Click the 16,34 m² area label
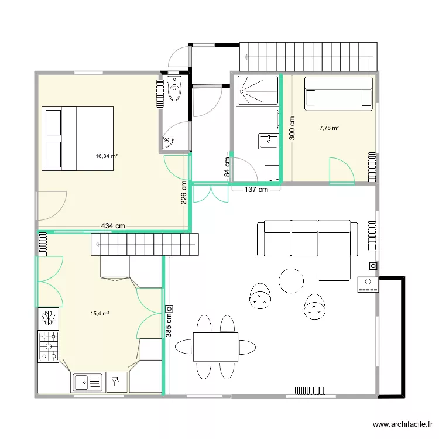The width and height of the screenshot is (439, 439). (107, 156)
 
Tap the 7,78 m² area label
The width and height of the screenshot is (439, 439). (329, 128)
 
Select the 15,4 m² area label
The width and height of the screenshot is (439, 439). (100, 314)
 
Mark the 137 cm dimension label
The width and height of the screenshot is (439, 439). (256, 190)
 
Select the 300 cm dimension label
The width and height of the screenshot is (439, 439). (292, 127)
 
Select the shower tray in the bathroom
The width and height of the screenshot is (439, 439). (256, 91)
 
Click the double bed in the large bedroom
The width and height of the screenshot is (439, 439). (77, 138)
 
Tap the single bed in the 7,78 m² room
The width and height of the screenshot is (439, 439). (338, 93)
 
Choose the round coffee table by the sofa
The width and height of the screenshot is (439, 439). (291, 280)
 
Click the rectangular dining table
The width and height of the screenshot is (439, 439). (215, 347)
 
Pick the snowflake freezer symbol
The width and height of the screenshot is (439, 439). (48, 318)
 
